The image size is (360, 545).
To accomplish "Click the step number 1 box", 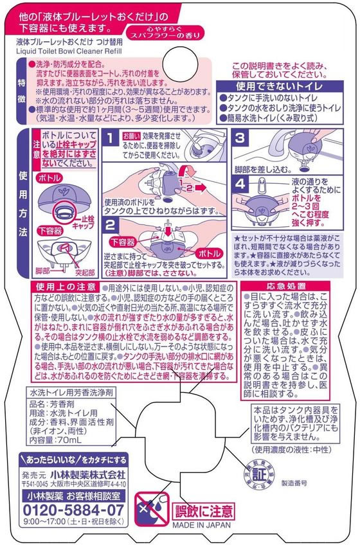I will (x=111, y=138).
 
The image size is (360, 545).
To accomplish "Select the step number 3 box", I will (x=239, y=137).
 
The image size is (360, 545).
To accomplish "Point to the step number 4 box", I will (x=239, y=183).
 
